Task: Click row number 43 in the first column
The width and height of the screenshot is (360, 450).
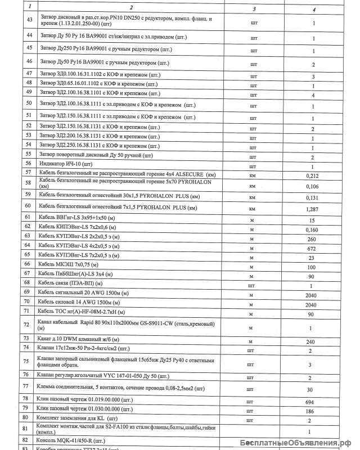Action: point(29,19)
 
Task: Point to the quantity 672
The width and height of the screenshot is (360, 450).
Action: point(313,247)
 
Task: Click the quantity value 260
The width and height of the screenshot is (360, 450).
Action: point(313,238)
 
